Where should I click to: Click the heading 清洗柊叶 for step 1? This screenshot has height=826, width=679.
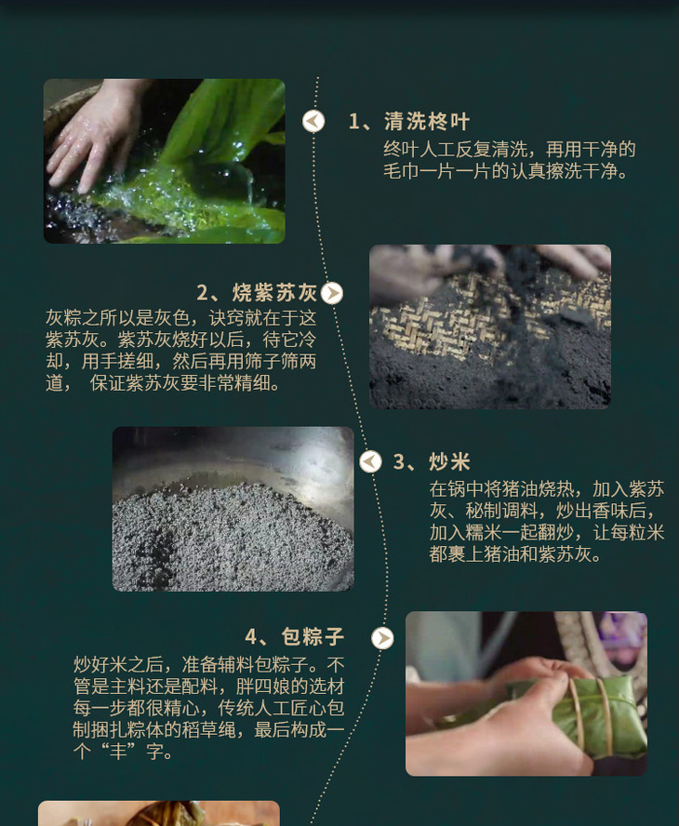[427, 122]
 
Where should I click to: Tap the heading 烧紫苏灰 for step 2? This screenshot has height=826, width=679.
[274, 292]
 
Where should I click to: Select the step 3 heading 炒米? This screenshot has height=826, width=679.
[449, 462]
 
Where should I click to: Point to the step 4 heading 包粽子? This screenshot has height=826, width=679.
[313, 636]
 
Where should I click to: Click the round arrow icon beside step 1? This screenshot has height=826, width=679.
[313, 122]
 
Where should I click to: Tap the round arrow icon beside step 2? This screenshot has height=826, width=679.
[332, 293]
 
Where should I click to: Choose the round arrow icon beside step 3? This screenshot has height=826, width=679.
[370, 462]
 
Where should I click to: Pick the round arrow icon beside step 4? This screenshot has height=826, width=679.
[382, 638]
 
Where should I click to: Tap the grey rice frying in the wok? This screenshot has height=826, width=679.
[232, 538]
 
